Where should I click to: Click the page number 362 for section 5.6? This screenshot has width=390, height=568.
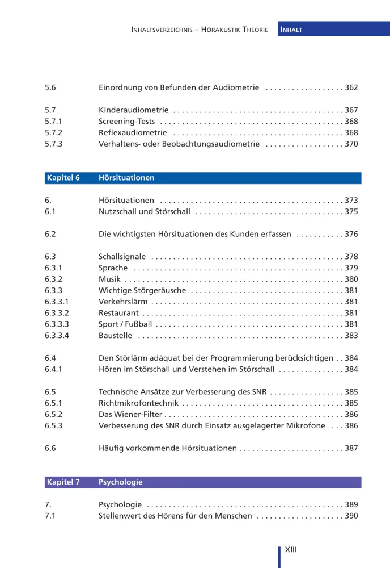coord(351,88)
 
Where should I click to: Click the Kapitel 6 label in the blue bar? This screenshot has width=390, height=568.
coord(62,178)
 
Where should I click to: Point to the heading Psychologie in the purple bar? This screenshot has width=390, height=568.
coord(120,482)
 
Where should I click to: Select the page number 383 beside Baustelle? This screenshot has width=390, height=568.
coord(351,336)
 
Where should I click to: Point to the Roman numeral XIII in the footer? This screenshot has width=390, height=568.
coord(291,550)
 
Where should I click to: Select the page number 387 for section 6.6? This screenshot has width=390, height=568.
coord(351,448)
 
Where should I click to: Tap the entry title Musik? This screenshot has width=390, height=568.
coord(109,279)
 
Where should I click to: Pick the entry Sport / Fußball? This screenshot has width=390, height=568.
coord(125,324)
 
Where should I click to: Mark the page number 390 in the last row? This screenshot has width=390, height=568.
coord(351,516)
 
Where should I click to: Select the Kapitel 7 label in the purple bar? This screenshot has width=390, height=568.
coord(62,482)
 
